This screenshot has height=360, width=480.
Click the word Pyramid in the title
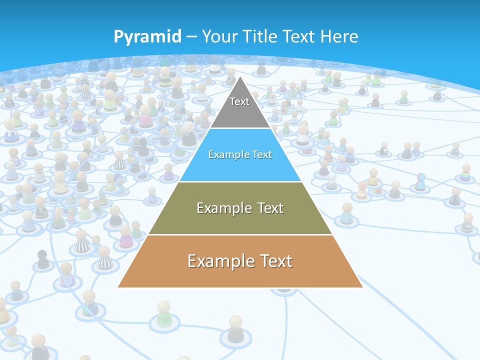point(147,37)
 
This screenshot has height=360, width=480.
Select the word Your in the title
point(220,36)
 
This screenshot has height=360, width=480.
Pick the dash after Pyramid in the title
point(191,37)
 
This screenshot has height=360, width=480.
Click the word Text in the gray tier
point(239,101)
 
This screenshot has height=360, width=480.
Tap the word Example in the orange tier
point(220,260)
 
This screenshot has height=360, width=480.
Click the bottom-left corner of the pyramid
point(118,287)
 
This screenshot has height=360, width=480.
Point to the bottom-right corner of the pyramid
point(362,287)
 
